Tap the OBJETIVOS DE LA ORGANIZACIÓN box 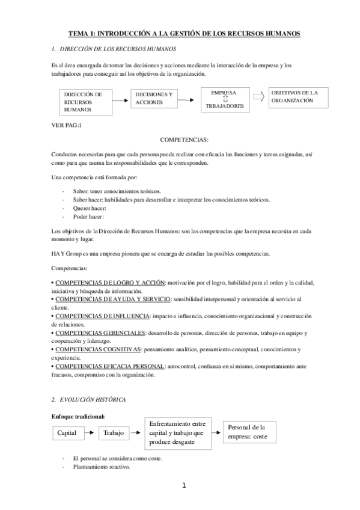(298, 97)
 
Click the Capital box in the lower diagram (66, 432)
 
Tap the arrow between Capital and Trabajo (89, 432)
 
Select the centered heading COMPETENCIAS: (185, 140)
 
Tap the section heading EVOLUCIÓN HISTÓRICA (91, 399)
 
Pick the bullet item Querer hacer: (90, 208)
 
